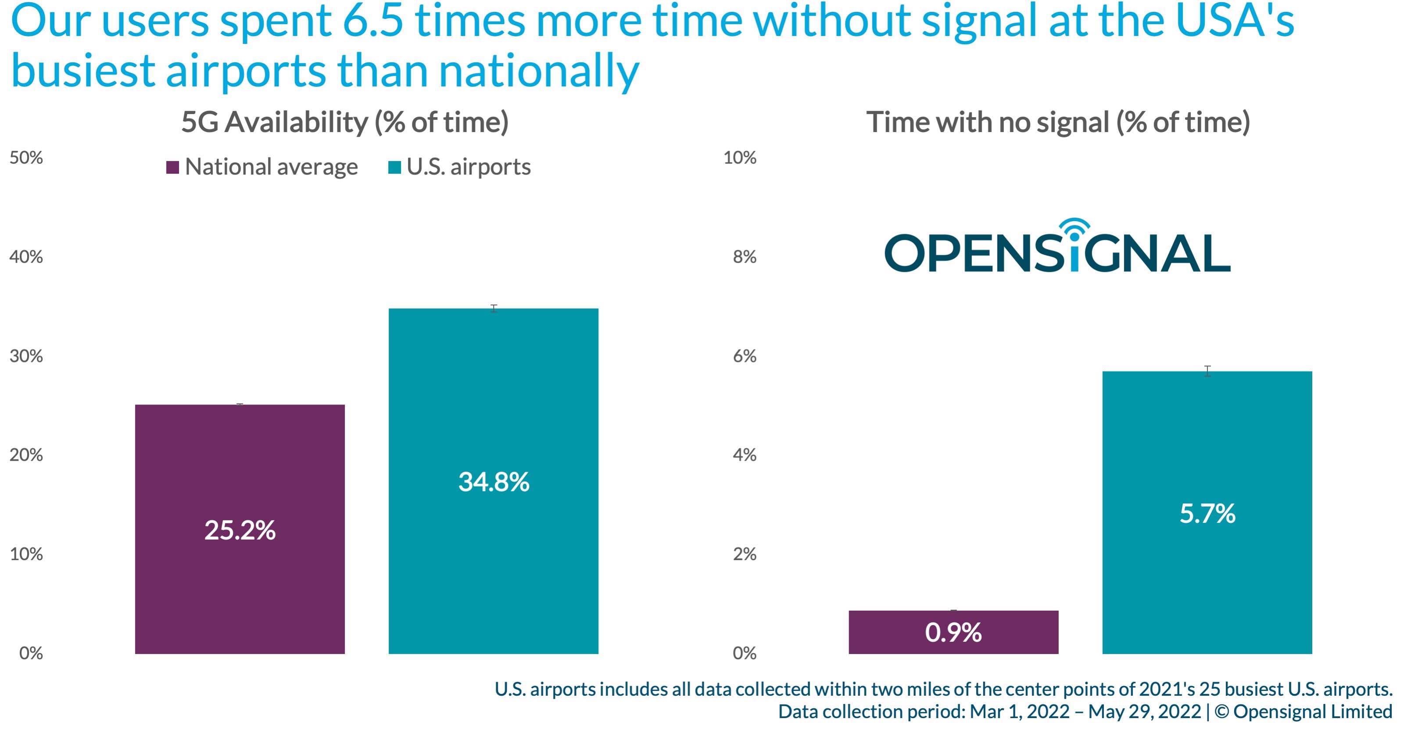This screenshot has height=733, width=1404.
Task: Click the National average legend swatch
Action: click(x=173, y=167)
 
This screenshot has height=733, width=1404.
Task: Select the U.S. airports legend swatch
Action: click(x=394, y=167)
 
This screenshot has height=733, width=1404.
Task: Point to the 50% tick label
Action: click(x=26, y=157)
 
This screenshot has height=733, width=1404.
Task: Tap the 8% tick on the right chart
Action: click(x=745, y=257)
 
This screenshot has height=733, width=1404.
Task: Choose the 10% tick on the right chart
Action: click(x=740, y=157)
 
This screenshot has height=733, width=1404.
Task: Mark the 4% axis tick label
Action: click(x=745, y=455)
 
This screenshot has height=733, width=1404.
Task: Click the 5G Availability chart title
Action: click(x=344, y=122)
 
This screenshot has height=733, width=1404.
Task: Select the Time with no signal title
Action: click(x=1058, y=122)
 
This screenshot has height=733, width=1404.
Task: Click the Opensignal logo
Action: click(x=1057, y=252)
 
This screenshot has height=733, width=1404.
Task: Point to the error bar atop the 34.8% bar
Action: click(x=494, y=308)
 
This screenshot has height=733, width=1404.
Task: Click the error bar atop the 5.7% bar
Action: click(x=1207, y=371)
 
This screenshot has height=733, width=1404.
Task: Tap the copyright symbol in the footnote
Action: click(x=1221, y=712)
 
